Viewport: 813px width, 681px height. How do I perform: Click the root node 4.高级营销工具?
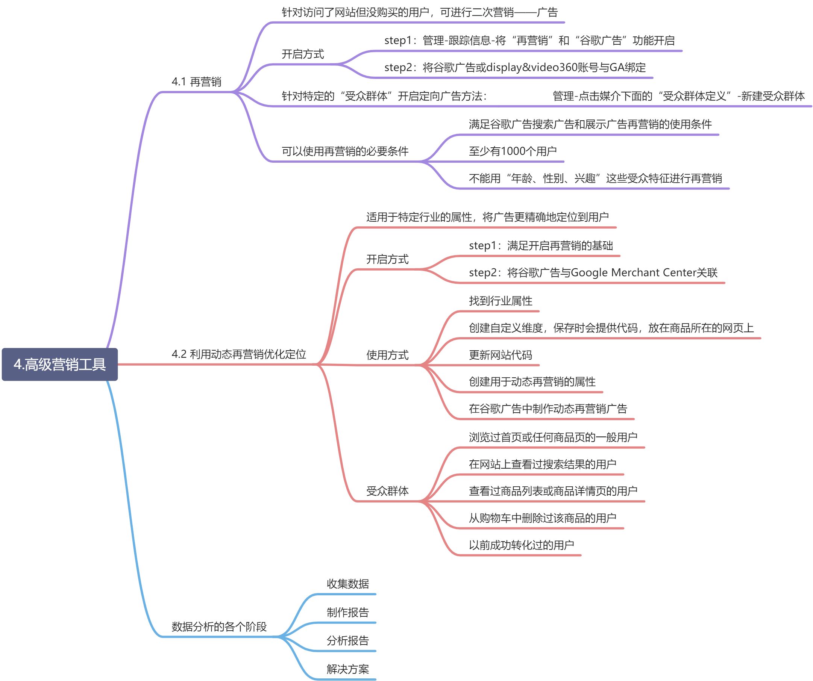pyautogui.click(x=60, y=364)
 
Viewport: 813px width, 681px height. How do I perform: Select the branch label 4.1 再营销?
pyautogui.click(x=196, y=82)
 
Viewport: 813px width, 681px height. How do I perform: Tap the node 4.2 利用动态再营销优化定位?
pyautogui.click(x=238, y=354)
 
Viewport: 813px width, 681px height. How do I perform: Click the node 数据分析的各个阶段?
pyautogui.click(x=219, y=627)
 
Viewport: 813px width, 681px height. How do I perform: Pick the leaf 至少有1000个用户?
pyautogui.click(x=513, y=151)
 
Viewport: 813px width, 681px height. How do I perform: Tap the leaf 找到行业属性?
pyautogui.click(x=500, y=301)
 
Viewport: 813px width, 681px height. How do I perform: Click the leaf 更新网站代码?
pyautogui.click(x=500, y=355)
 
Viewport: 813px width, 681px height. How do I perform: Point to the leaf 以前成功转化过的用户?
pyautogui.click(x=521, y=545)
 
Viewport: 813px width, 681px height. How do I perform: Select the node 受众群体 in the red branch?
pyautogui.click(x=387, y=491)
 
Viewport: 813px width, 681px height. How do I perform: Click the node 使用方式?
pyautogui.click(x=387, y=355)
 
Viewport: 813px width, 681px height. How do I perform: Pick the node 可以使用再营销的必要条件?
pyautogui.click(x=344, y=151)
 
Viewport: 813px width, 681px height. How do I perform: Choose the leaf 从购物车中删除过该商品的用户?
pyautogui.click(x=542, y=518)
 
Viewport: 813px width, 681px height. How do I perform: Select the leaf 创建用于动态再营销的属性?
pyautogui.click(x=532, y=382)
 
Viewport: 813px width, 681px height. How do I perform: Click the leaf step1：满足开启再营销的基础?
pyautogui.click(x=540, y=245)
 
